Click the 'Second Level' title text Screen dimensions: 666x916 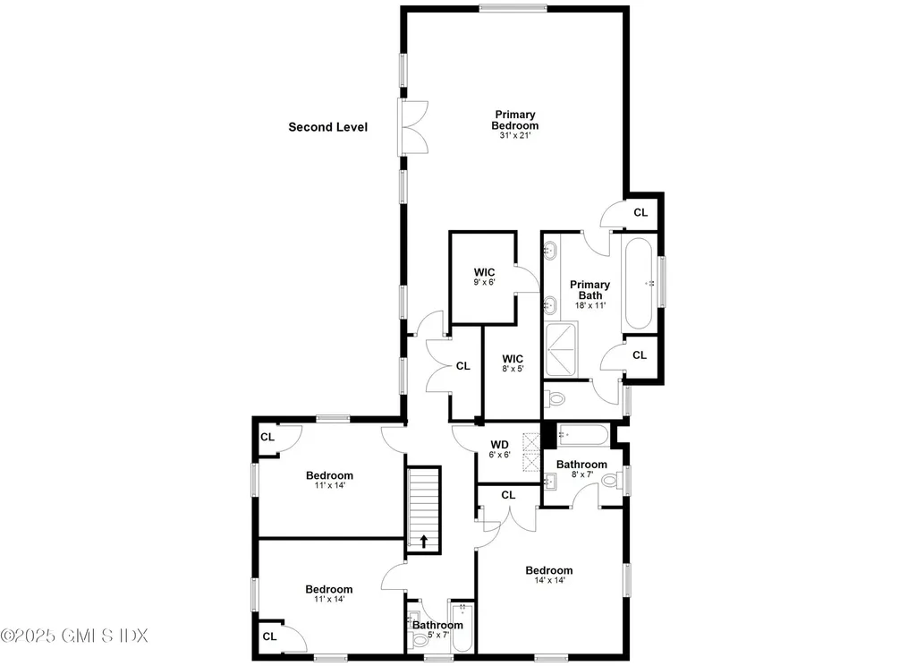click(x=327, y=127)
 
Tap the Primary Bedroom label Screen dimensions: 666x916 click(x=515, y=120)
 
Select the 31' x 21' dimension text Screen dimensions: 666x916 click(x=515, y=136)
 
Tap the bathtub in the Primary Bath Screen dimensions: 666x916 click(x=639, y=282)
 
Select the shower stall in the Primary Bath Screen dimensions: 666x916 click(x=562, y=352)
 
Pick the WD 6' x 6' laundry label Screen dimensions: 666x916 click(x=499, y=448)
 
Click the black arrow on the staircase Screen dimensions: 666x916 click(x=424, y=541)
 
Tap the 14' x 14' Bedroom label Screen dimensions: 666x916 click(x=548, y=575)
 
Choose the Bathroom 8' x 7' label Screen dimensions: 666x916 click(x=581, y=469)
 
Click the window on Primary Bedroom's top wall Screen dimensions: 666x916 click(x=513, y=9)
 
